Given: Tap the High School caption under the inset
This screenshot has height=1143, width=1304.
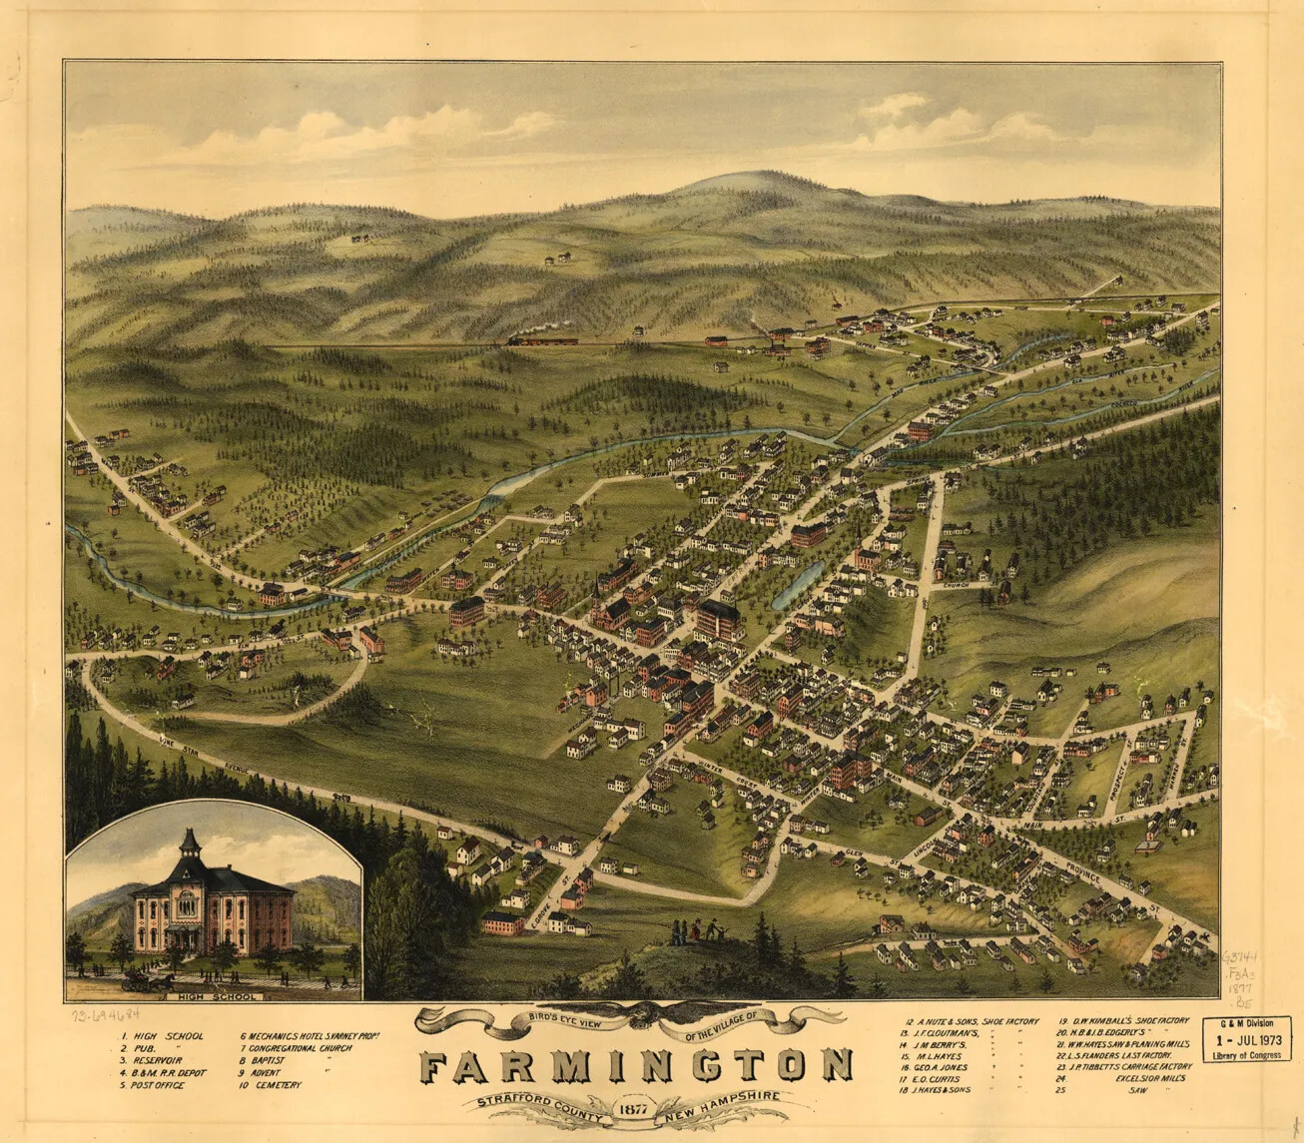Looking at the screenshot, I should coord(214,996).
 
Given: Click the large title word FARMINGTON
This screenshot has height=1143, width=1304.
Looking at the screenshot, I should coord(635,1066).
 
